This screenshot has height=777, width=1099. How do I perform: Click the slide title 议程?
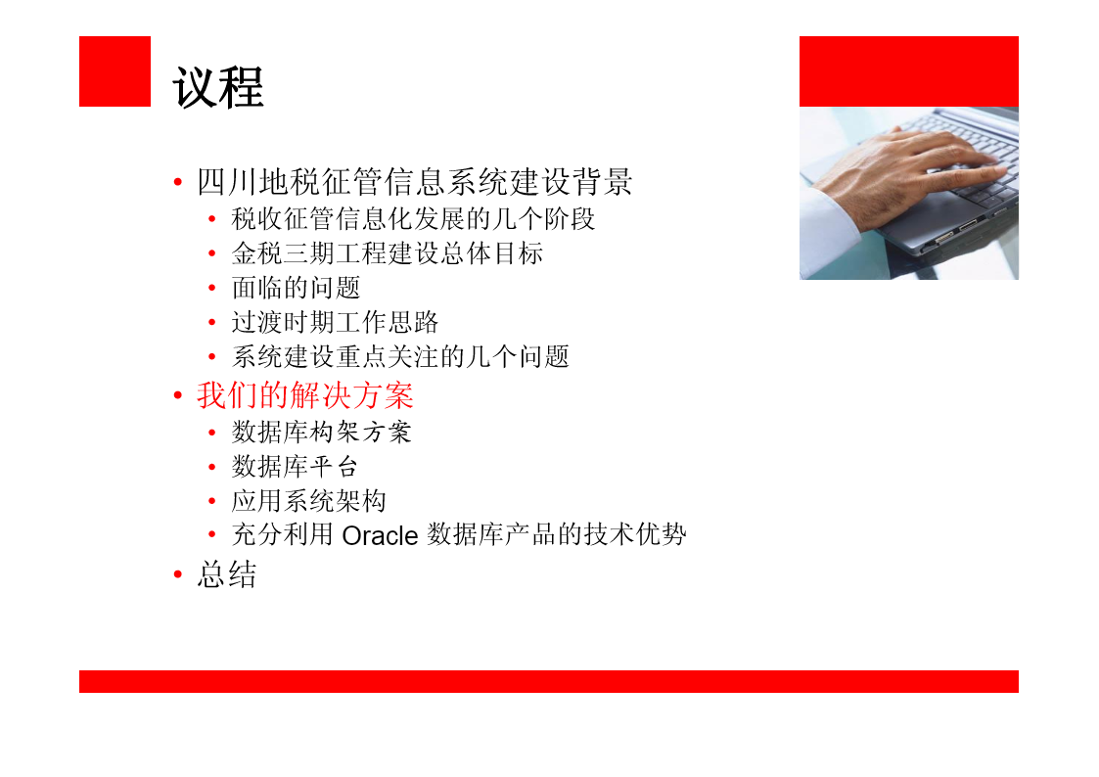(218, 87)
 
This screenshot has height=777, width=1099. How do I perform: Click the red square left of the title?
(114, 71)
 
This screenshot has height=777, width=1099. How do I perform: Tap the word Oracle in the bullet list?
(380, 536)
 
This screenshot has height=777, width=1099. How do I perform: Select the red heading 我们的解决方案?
(305, 396)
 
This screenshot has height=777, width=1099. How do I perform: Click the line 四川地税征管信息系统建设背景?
(415, 182)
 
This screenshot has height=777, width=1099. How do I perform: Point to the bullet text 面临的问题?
(296, 288)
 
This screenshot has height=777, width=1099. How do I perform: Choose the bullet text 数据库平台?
(296, 467)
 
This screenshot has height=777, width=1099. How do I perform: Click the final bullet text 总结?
(227, 574)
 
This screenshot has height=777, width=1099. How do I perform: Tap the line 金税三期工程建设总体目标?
(388, 253)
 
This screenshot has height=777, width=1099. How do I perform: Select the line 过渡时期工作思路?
(335, 322)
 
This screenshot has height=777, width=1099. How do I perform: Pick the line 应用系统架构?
(309, 501)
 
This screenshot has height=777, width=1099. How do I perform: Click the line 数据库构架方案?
(322, 433)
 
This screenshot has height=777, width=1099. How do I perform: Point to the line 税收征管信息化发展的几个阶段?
(414, 219)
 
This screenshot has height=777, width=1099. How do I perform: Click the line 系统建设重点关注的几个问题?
(400, 356)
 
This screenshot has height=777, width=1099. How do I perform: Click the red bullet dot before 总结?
(178, 574)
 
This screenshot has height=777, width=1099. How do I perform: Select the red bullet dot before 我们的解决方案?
(178, 396)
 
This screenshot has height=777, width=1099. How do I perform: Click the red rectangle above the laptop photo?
(909, 71)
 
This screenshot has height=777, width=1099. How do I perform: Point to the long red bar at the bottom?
(549, 681)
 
